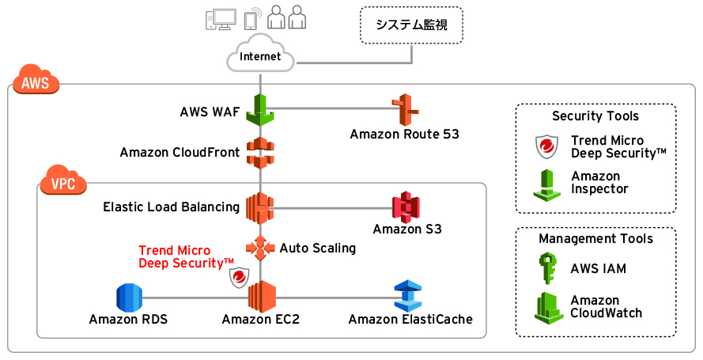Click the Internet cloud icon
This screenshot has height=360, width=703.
259,56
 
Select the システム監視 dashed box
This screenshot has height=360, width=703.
411,25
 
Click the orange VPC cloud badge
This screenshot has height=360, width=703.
62,183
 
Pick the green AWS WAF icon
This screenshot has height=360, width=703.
259,109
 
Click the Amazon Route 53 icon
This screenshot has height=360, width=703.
405,110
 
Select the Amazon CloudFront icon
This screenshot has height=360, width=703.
259,152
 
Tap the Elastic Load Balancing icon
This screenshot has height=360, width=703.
259,207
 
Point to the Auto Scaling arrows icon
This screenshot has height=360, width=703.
259,248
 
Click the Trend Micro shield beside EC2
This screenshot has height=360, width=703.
239,277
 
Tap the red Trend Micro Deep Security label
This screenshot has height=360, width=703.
186,256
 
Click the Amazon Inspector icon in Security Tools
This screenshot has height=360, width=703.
547,183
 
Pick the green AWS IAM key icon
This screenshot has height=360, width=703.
547,268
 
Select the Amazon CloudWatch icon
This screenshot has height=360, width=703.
547,307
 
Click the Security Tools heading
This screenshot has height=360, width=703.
595,116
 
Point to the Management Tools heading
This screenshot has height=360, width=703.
595,238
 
